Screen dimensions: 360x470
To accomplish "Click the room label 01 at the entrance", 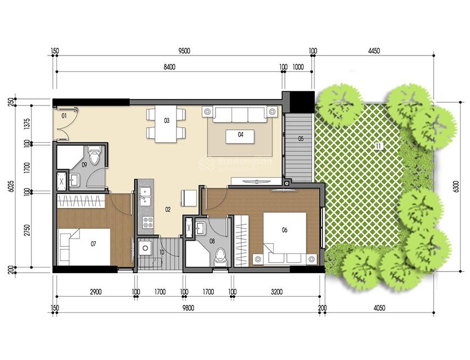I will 64,116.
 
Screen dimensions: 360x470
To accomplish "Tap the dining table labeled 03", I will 166,126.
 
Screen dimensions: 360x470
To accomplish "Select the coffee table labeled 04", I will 240,136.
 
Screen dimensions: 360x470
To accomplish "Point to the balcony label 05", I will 301,139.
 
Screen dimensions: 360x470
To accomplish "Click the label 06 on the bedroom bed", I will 284,230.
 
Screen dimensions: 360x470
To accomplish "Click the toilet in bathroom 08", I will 220,257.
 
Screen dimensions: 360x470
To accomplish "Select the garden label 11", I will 378,146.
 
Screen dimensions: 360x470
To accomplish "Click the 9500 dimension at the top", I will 184,51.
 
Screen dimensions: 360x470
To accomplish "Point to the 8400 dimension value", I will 169,67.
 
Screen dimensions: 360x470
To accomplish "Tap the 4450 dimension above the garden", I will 373,51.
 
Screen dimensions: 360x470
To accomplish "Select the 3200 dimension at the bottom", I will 277,292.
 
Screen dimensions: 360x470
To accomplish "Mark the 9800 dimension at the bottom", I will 188,308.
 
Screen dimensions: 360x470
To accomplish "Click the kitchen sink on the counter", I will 146,193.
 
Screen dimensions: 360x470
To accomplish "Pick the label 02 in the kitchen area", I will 168,209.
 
